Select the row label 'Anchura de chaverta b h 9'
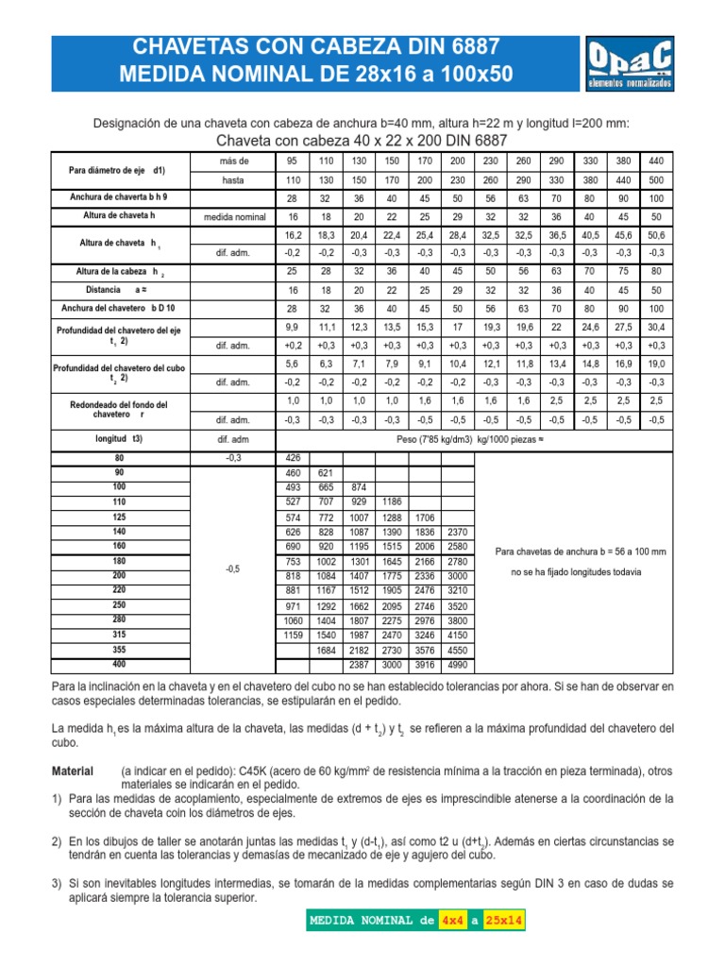[118, 197]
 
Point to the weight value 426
[293, 458]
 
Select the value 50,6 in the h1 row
[656, 234]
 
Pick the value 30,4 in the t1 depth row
[656, 326]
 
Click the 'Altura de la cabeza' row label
[118, 271]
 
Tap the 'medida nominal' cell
[233, 216]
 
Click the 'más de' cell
[233, 161]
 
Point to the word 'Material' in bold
[76, 772]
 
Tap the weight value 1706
[425, 518]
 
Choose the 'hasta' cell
[233, 179]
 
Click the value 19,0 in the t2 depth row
[656, 363]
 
